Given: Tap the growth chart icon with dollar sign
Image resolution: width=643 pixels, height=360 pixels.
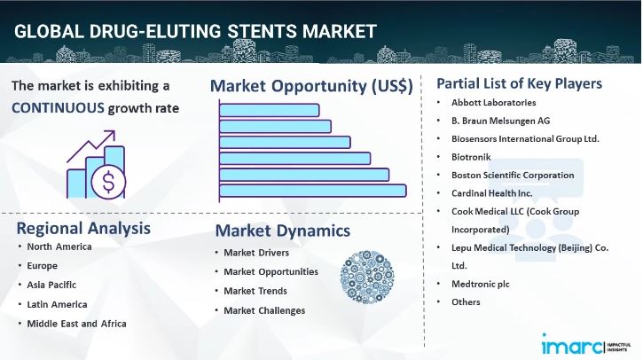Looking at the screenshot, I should tap(97, 168).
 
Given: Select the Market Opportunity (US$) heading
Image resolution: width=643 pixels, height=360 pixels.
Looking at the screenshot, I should tap(310, 87).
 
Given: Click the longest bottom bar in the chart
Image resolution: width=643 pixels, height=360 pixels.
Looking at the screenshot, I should tap(311, 190).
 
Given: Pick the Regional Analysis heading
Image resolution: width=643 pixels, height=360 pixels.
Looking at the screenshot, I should tap(83, 228).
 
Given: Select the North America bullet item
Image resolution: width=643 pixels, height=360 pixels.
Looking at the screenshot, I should tap(59, 247).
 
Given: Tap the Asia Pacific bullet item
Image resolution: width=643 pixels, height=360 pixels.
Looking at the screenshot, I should tap(51, 285).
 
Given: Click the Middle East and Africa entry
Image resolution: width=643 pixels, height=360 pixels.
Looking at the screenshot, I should tap(76, 323).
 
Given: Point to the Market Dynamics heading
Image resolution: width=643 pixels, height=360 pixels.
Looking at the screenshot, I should tap(282, 231).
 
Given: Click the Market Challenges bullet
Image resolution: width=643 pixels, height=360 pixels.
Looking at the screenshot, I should tap(264, 310).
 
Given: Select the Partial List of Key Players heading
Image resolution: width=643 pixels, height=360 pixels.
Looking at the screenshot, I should tap(520, 83).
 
